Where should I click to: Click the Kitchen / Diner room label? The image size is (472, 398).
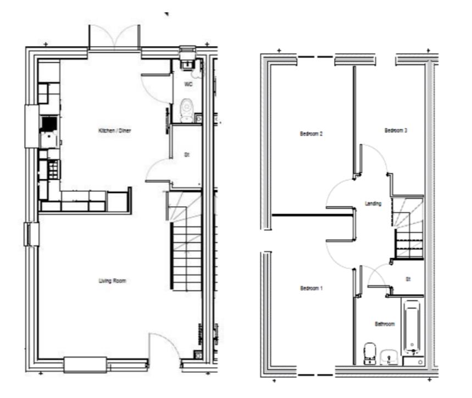coord(114,130)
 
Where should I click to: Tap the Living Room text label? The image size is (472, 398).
coord(113,281)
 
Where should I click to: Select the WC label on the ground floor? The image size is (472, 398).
coord(187,85)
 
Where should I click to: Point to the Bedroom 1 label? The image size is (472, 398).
coord(311,289)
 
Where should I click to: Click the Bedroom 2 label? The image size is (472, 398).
coord(311,134)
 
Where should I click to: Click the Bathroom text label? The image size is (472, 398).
coord(385,324)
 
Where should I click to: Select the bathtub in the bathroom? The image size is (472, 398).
coord(412,327)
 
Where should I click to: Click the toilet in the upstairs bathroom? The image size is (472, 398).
coord(370,352)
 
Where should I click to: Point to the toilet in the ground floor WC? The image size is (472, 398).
coord(187,107)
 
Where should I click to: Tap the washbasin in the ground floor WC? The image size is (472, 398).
coord(187,65)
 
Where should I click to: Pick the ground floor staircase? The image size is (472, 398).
coord(184,242)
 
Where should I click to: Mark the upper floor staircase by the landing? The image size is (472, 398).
coord(408,228)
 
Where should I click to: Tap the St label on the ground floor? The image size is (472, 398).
coord(187,156)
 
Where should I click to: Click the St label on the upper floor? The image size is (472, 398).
coord(408,279)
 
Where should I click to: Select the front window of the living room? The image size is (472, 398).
coord(85,364)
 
